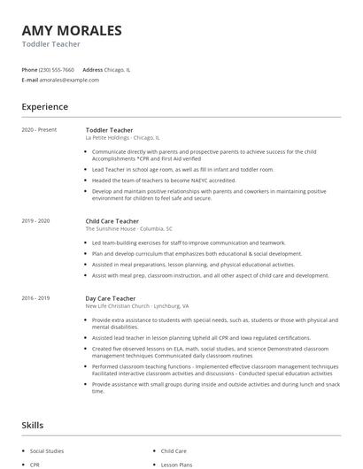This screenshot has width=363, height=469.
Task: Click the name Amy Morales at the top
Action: [72, 30]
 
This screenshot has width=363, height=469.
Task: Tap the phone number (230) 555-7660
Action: [58, 69]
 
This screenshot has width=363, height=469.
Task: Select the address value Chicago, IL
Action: [119, 69]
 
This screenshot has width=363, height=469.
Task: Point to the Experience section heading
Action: [44, 107]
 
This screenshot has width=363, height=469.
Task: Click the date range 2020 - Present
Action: [39, 130]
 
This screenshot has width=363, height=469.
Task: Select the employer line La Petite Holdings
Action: [122, 138]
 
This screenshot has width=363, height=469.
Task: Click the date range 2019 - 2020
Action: [35, 220]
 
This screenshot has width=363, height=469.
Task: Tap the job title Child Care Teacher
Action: [112, 220]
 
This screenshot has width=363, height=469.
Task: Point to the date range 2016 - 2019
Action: [35, 299]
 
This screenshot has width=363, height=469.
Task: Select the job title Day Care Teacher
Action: [110, 299]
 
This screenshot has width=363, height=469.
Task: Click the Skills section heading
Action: [32, 426]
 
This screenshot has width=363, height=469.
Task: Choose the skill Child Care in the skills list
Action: [174, 450]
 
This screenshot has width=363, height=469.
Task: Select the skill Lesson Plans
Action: [176, 464]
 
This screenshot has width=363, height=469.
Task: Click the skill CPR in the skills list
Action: [35, 464]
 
